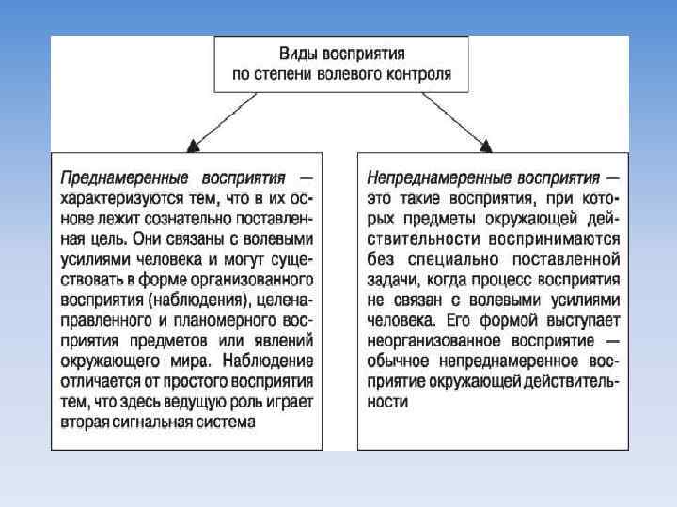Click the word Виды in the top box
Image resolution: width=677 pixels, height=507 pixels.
pyautogui.click(x=301, y=54)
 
